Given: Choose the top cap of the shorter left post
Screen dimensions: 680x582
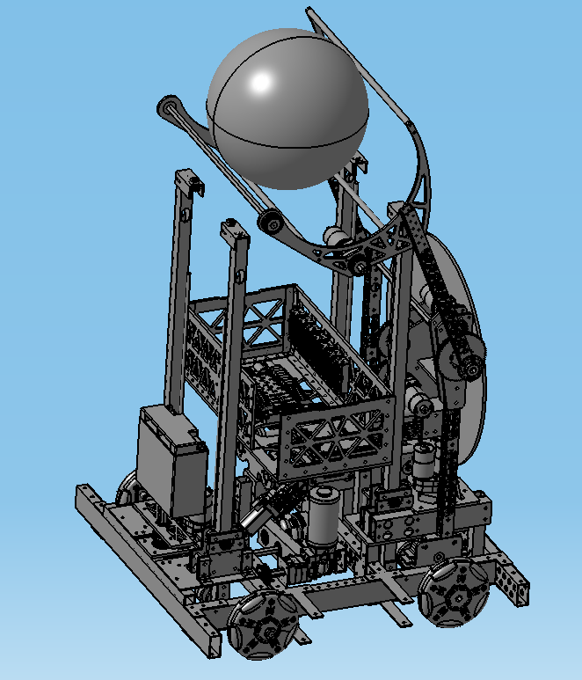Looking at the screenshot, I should click(233, 231).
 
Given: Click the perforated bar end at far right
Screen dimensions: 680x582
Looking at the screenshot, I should click(516, 584).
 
